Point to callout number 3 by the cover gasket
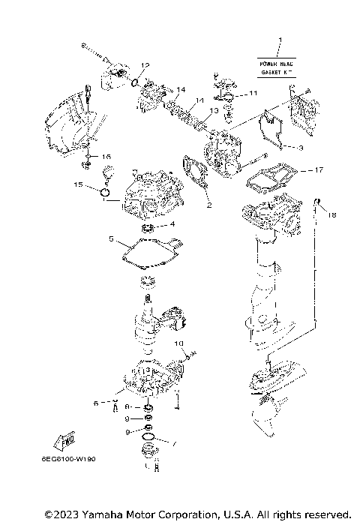click(x=299, y=148)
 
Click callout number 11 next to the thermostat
click(x=253, y=93)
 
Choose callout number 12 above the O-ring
click(x=146, y=66)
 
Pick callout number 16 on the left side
click(x=106, y=156)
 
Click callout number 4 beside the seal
click(x=172, y=223)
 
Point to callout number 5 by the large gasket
click(x=111, y=240)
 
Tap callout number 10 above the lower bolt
click(x=179, y=343)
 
